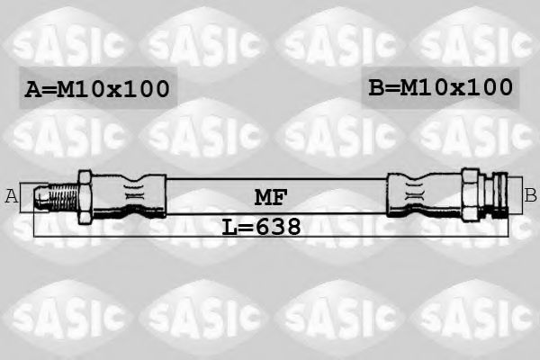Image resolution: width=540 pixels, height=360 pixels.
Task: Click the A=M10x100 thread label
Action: point(96,89)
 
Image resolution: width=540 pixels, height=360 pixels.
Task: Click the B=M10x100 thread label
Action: point(440,87)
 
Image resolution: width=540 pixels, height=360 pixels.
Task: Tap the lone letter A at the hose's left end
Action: point(12,195)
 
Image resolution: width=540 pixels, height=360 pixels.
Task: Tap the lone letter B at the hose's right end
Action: point(530,194)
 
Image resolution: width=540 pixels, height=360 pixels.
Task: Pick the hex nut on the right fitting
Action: point(471,193)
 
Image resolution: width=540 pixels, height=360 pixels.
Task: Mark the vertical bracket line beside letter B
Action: point(521,194)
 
